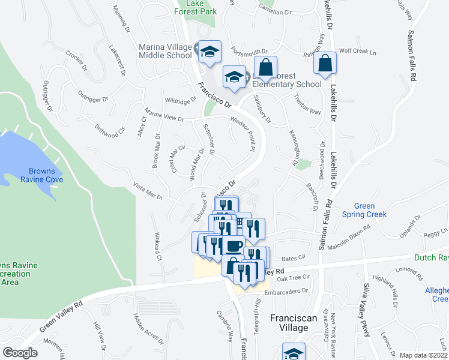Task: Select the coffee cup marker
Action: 234,246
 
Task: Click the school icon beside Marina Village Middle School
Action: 210,52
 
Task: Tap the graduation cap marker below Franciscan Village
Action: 294,353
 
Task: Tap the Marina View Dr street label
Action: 164,115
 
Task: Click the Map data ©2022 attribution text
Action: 424,355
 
